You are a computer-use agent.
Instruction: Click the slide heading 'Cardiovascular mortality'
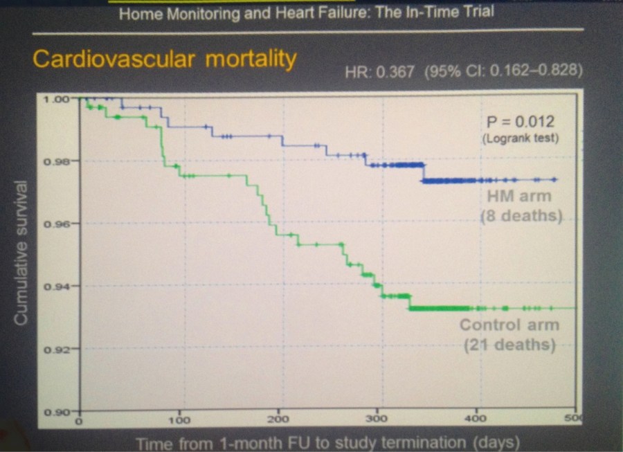point(164,60)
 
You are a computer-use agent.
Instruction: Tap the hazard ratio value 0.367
point(394,72)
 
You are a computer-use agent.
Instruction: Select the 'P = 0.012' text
point(521,122)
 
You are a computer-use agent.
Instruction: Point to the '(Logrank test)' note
point(521,138)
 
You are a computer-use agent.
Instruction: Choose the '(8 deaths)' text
point(521,215)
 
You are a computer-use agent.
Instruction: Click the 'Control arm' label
point(509,325)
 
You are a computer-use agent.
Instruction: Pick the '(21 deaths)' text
point(509,344)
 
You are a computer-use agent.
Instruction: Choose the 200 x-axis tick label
point(278,420)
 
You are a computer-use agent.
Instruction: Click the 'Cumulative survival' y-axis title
point(21,253)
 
